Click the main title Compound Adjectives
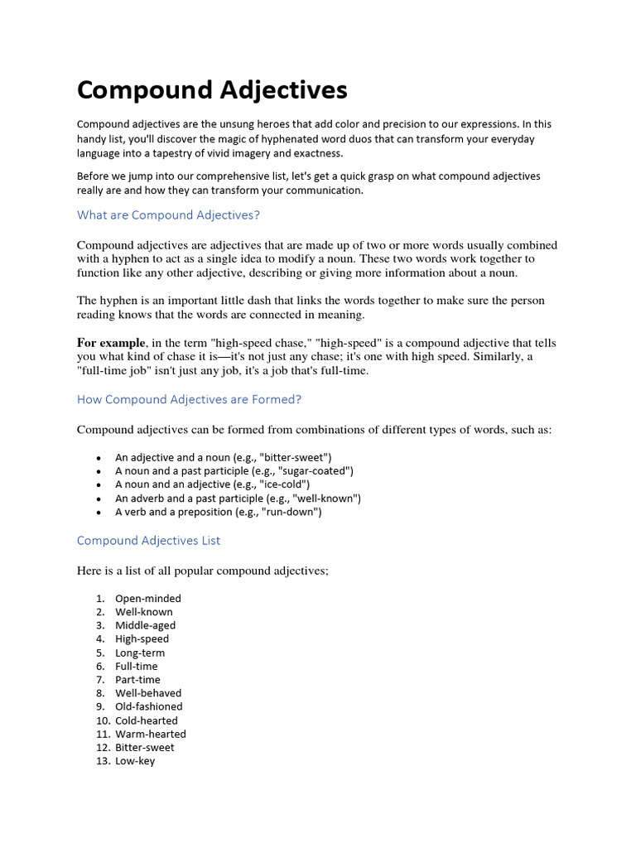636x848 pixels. pyautogui.click(x=212, y=89)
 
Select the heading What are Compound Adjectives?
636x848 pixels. pyautogui.click(x=168, y=215)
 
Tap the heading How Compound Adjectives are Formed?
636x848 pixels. pyautogui.click(x=189, y=399)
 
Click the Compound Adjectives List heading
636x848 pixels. pyautogui.click(x=148, y=541)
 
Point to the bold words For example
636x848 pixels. pyautogui.click(x=111, y=343)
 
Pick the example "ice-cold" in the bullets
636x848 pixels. pyautogui.click(x=284, y=484)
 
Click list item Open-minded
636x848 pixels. pyautogui.click(x=147, y=599)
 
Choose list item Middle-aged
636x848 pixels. pyautogui.click(x=145, y=625)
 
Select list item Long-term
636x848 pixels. pyautogui.click(x=139, y=653)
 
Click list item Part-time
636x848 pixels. pyautogui.click(x=137, y=680)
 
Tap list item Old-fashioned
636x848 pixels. pyautogui.click(x=148, y=706)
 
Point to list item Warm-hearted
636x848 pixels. pyautogui.click(x=150, y=734)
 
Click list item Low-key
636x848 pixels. pyautogui.click(x=134, y=761)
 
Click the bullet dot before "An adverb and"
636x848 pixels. pyautogui.click(x=99, y=499)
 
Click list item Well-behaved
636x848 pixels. pyautogui.click(x=147, y=693)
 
